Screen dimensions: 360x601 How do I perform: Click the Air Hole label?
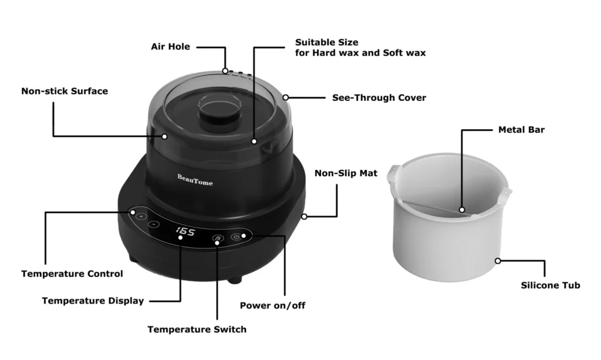pos(170,46)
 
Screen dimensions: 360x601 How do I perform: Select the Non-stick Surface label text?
pos(65,91)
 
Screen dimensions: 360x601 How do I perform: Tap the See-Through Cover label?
pos(379,97)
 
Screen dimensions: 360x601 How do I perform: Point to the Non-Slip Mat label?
pos(346,173)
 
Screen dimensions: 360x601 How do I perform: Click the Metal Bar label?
pos(521,130)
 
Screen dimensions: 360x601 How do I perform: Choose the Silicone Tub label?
pos(551,285)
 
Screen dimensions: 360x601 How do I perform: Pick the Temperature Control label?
pos(72,274)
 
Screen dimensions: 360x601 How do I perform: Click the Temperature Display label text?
pos(93,301)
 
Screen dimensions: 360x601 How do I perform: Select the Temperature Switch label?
pos(197,329)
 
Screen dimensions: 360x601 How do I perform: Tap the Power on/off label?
pos(272,305)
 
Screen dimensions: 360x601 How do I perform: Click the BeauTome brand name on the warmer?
pos(195,179)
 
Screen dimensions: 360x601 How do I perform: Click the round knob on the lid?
pos(218,110)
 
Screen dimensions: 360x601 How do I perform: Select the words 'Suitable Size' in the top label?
pos(326,42)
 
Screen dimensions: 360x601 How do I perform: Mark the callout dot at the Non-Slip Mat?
pos(305,217)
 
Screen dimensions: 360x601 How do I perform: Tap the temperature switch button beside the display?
pos(217,238)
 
